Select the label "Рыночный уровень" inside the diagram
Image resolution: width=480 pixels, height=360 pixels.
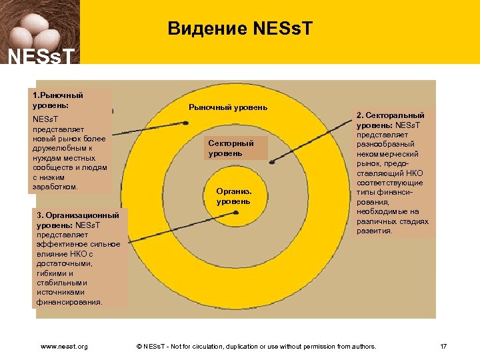pos(228,107)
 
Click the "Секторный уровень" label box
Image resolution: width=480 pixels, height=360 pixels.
pos(231,149)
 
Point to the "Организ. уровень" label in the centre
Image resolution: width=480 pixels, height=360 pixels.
pos(233,196)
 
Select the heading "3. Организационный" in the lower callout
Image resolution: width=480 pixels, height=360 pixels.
pos(78,215)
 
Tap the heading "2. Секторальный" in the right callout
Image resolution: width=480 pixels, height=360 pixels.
pos(391,115)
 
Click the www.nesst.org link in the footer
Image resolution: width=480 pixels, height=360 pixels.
pos(64,346)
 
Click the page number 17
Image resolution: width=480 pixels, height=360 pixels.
pos(443,346)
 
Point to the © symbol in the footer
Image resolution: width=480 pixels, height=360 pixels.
pos(139,346)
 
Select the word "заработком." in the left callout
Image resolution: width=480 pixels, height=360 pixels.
pos(55,187)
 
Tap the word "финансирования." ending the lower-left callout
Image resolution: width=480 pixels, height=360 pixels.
pos(70,301)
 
